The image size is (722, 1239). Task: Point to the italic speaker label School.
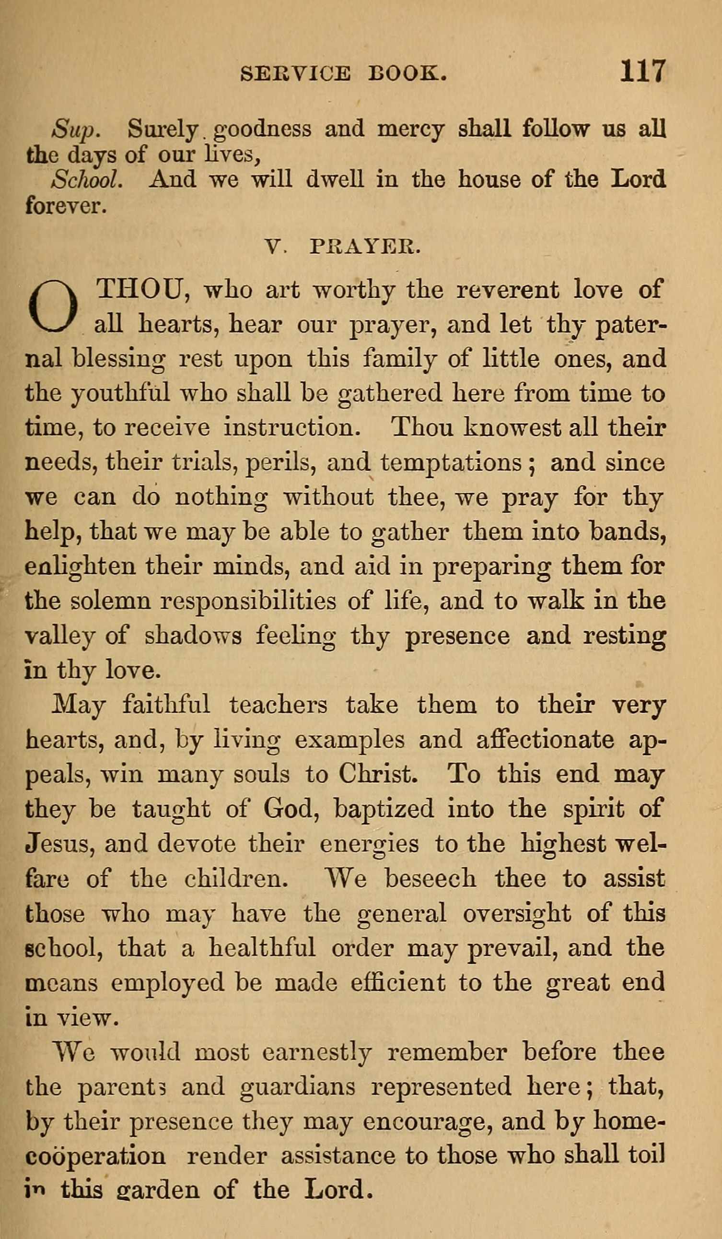[87, 180]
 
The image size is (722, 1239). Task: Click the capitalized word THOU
[142, 289]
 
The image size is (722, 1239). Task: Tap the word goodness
[264, 130]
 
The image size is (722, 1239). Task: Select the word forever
[65, 205]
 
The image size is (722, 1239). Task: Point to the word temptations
[451, 463]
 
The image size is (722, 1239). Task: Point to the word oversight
[516, 913]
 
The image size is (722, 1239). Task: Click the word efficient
[398, 983]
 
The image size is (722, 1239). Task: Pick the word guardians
[297, 1087]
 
